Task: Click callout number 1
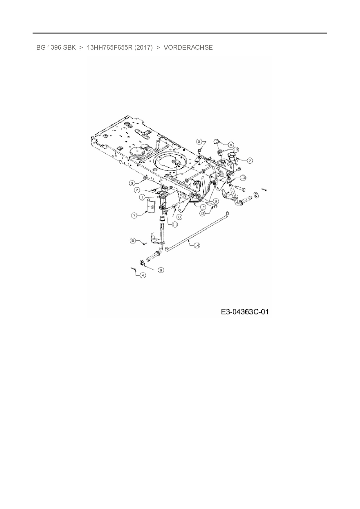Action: click(x=142, y=197)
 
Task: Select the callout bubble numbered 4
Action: click(x=142, y=275)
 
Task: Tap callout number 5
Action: click(x=133, y=241)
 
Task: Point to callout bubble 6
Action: click(x=231, y=144)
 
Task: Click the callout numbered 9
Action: click(x=161, y=270)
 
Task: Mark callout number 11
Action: click(x=174, y=224)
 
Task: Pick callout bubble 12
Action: click(x=203, y=213)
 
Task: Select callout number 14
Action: click(x=197, y=246)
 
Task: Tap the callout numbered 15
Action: click(x=203, y=207)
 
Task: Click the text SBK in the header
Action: click(x=69, y=48)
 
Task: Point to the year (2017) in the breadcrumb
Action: click(x=143, y=48)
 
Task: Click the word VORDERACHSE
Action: click(x=188, y=48)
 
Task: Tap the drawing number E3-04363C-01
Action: click(x=245, y=312)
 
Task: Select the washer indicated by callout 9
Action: click(x=143, y=263)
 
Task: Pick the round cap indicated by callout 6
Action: click(x=217, y=141)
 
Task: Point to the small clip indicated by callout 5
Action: click(x=145, y=244)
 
